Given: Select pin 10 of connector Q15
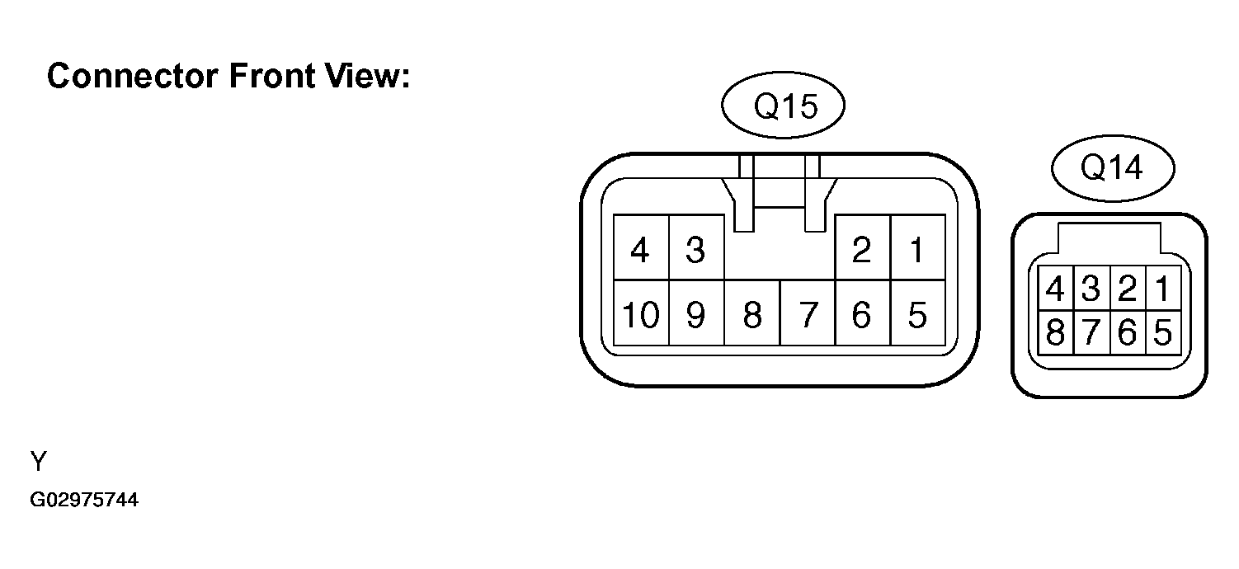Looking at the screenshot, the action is [641, 313].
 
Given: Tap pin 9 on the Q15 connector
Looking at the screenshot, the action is [696, 313].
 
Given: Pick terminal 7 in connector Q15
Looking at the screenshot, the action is [808, 313].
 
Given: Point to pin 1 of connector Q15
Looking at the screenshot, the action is [917, 247].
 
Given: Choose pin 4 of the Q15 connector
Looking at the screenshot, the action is [641, 247].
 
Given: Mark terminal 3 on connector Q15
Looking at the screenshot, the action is [696, 247].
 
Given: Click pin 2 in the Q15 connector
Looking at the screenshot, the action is [863, 247].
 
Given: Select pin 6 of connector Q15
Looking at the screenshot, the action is [863, 313].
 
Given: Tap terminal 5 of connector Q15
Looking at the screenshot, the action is [917, 313].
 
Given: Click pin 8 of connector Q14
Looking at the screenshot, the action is [1056, 332].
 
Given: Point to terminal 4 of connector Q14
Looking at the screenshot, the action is [1056, 288].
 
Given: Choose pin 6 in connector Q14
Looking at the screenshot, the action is [1128, 332].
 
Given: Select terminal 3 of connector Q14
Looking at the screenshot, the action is [1091, 288].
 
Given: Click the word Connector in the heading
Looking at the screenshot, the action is [133, 76].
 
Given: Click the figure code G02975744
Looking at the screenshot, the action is [84, 500].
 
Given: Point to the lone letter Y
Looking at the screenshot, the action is [39, 461].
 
